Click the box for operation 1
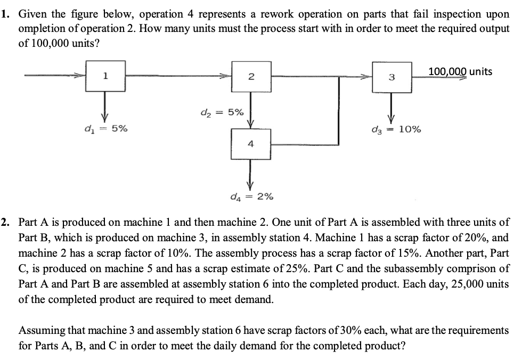tap(105, 76)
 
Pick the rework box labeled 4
tap(251, 144)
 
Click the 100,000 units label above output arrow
tap(461, 71)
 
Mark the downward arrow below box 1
tap(105, 104)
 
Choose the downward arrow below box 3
tap(391, 105)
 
